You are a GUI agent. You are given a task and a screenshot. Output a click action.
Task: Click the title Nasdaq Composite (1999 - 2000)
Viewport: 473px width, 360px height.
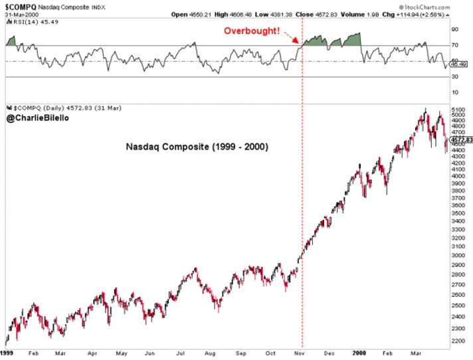coord(197,147)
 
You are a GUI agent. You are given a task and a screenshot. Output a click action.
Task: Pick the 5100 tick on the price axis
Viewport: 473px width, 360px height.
coord(456,110)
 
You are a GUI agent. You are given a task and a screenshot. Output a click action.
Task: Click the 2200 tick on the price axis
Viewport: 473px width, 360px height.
coord(456,341)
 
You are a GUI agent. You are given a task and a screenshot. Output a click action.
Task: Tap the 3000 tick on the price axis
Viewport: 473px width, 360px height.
coord(456,255)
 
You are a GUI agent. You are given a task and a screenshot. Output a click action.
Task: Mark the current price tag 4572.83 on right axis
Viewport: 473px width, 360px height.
coord(460,140)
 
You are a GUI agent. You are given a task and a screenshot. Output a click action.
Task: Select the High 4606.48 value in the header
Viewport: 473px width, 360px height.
coord(246,14)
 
